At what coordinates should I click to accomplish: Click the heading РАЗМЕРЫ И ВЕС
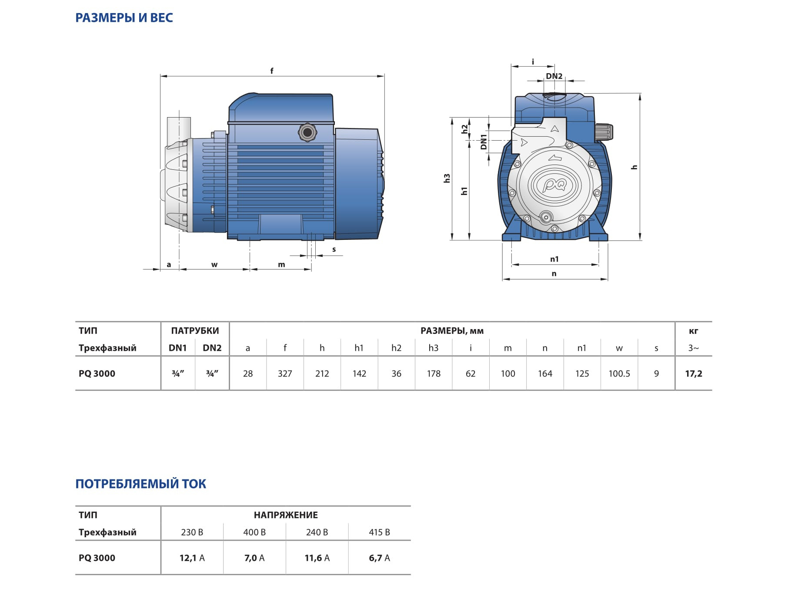click(124, 18)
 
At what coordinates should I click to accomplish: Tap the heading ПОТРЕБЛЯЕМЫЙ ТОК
click(141, 484)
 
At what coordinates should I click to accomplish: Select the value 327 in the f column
click(285, 374)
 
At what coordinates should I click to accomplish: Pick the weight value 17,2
click(694, 374)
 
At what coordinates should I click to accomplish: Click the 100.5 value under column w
click(619, 374)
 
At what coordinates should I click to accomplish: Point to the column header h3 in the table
click(434, 348)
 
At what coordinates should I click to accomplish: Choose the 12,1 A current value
click(192, 558)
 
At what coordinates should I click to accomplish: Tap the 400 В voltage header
click(254, 532)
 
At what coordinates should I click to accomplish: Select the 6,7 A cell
click(380, 558)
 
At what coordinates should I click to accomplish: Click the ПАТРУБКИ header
click(195, 330)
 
